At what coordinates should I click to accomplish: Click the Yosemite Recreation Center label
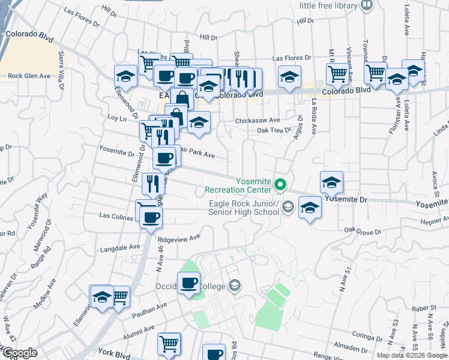click(x=239, y=185)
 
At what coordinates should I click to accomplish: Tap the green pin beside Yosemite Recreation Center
click(x=279, y=184)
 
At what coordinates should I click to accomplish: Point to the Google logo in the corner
click(x=19, y=352)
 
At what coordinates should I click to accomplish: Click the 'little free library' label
click(x=329, y=5)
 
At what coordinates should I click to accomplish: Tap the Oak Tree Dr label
click(x=274, y=130)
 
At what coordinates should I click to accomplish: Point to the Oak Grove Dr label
click(x=363, y=231)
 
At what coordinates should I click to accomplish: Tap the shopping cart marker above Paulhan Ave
click(x=119, y=296)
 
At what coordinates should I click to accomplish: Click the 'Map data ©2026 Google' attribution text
click(x=412, y=355)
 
